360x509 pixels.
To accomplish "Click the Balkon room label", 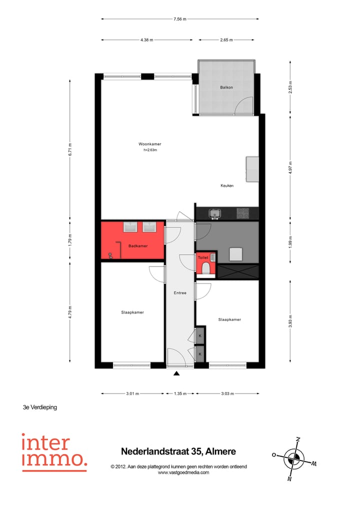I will (x=226, y=87).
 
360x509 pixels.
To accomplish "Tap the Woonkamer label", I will (x=150, y=144).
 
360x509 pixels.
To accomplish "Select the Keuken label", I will (x=227, y=185).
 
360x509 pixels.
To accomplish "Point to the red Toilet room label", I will (x=203, y=257).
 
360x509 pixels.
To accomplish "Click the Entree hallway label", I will (x=180, y=293).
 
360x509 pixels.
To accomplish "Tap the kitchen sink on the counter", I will (x=215, y=214).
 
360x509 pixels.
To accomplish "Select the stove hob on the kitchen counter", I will (x=243, y=213).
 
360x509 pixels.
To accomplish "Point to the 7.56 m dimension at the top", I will (x=180, y=19).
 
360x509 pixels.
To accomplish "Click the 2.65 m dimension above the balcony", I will (x=227, y=39).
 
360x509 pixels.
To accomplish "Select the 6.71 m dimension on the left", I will (x=70, y=149).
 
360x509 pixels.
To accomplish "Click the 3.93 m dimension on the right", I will (x=290, y=320).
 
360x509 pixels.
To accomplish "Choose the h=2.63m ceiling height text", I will (x=150, y=150).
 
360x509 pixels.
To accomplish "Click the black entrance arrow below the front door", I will (x=176, y=372).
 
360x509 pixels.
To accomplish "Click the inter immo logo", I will (x=53, y=452).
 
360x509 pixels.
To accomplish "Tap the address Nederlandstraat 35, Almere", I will (x=178, y=451).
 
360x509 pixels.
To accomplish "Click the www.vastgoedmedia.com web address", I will (x=183, y=472).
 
